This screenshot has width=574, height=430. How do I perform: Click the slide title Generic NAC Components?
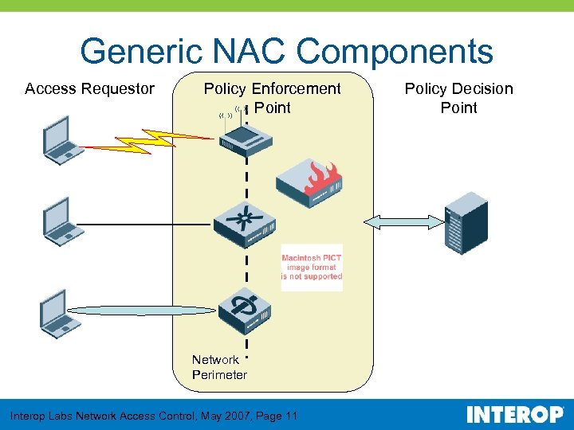tap(286, 52)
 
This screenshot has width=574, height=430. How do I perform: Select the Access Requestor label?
tap(89, 88)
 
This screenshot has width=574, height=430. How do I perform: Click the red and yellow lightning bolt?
tap(147, 140)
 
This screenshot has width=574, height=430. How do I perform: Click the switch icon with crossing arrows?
tap(244, 224)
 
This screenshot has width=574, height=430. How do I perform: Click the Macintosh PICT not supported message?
tap(312, 268)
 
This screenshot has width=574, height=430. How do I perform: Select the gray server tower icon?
tap(465, 224)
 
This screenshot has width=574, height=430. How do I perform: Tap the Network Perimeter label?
tap(218, 367)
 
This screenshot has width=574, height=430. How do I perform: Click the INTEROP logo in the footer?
tap(514, 415)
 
